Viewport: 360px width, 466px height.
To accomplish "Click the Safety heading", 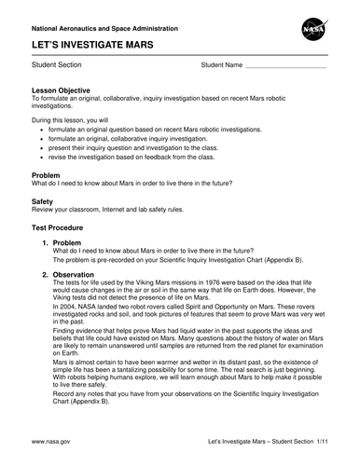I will click(x=43, y=200).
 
